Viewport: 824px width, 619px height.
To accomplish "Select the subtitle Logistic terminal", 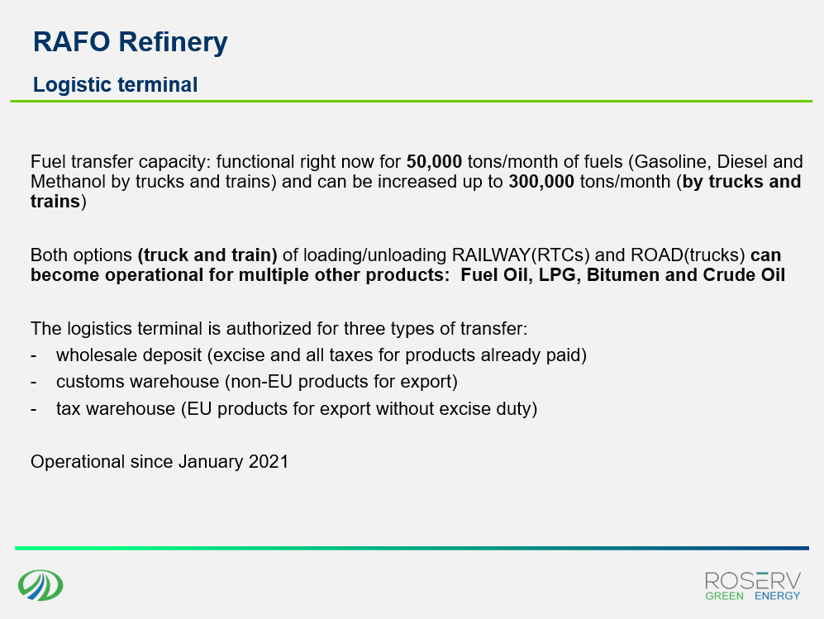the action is [x=115, y=85].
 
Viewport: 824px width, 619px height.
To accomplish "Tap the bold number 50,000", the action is [x=434, y=162].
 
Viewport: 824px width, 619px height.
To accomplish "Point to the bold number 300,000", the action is [x=541, y=182].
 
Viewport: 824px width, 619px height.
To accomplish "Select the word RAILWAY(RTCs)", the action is [x=521, y=255].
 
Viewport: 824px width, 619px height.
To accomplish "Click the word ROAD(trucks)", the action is [x=688, y=255].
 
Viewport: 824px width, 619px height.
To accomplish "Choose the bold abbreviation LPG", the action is [x=557, y=275].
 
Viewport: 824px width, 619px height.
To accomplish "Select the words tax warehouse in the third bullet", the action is [x=116, y=409].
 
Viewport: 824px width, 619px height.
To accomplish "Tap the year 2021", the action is [x=269, y=462].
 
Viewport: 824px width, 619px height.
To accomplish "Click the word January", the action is [x=211, y=462].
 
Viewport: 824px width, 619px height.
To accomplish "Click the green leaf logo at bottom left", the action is [x=40, y=585].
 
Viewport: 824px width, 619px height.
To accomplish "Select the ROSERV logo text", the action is [x=753, y=582].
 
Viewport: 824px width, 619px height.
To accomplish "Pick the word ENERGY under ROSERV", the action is [x=777, y=596].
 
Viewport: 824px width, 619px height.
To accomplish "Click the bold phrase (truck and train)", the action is [x=207, y=255].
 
